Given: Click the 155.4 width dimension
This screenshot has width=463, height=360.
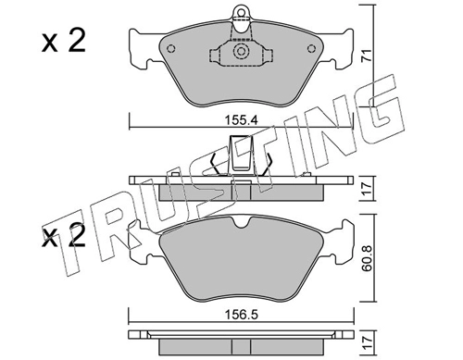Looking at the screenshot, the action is (242, 120).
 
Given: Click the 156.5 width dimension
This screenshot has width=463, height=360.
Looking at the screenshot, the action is (242, 315).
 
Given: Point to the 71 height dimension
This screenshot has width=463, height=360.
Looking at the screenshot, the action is (366, 56).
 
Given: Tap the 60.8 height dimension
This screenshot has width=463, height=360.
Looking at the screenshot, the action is (368, 258).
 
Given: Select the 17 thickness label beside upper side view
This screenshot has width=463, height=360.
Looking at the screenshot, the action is (367, 189).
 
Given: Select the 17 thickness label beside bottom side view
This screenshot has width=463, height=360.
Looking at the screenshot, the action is (367, 342).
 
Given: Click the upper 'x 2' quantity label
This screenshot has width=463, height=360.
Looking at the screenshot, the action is (64, 41).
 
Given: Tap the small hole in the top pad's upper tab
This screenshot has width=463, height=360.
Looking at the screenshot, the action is (241, 12).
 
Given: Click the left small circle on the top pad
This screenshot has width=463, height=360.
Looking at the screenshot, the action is (170, 49).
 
